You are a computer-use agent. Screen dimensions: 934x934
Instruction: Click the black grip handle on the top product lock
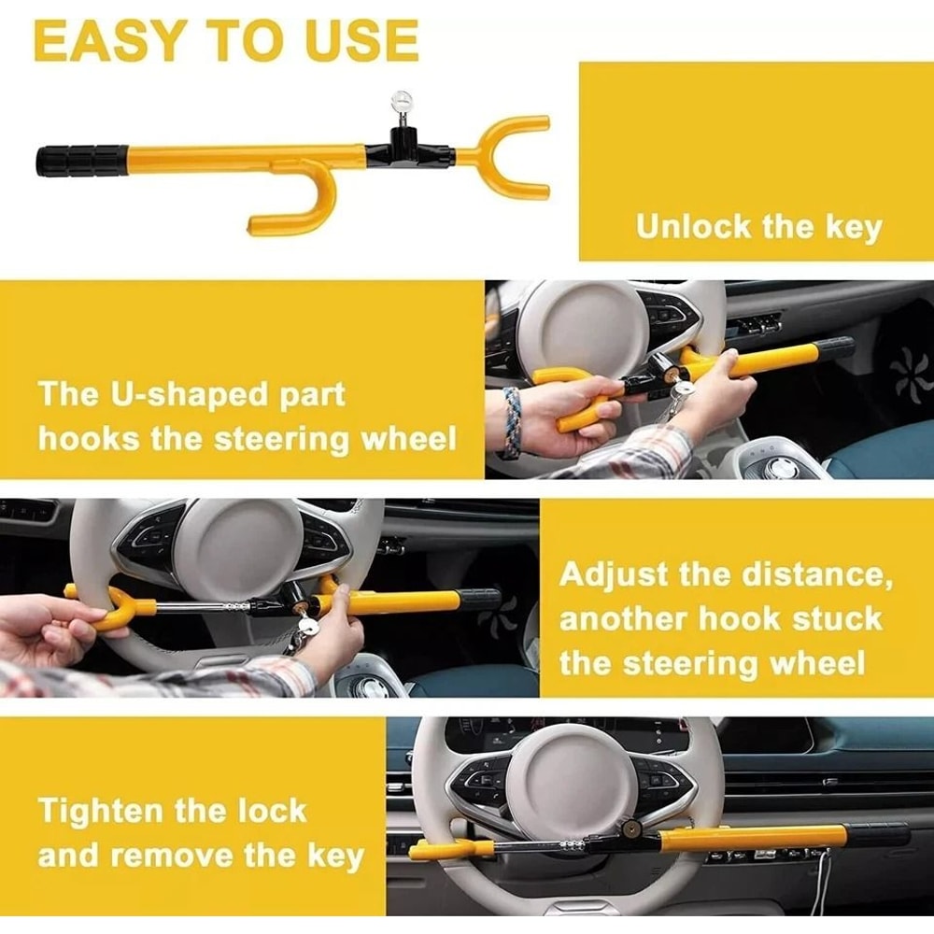click(81, 159)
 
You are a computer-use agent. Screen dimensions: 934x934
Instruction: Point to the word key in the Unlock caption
click(853, 227)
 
